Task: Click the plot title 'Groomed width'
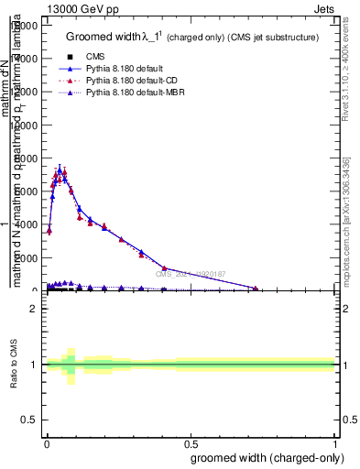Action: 102,38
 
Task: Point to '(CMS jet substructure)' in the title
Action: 273,38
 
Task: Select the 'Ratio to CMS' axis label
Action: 15,365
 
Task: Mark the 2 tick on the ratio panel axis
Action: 33,309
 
